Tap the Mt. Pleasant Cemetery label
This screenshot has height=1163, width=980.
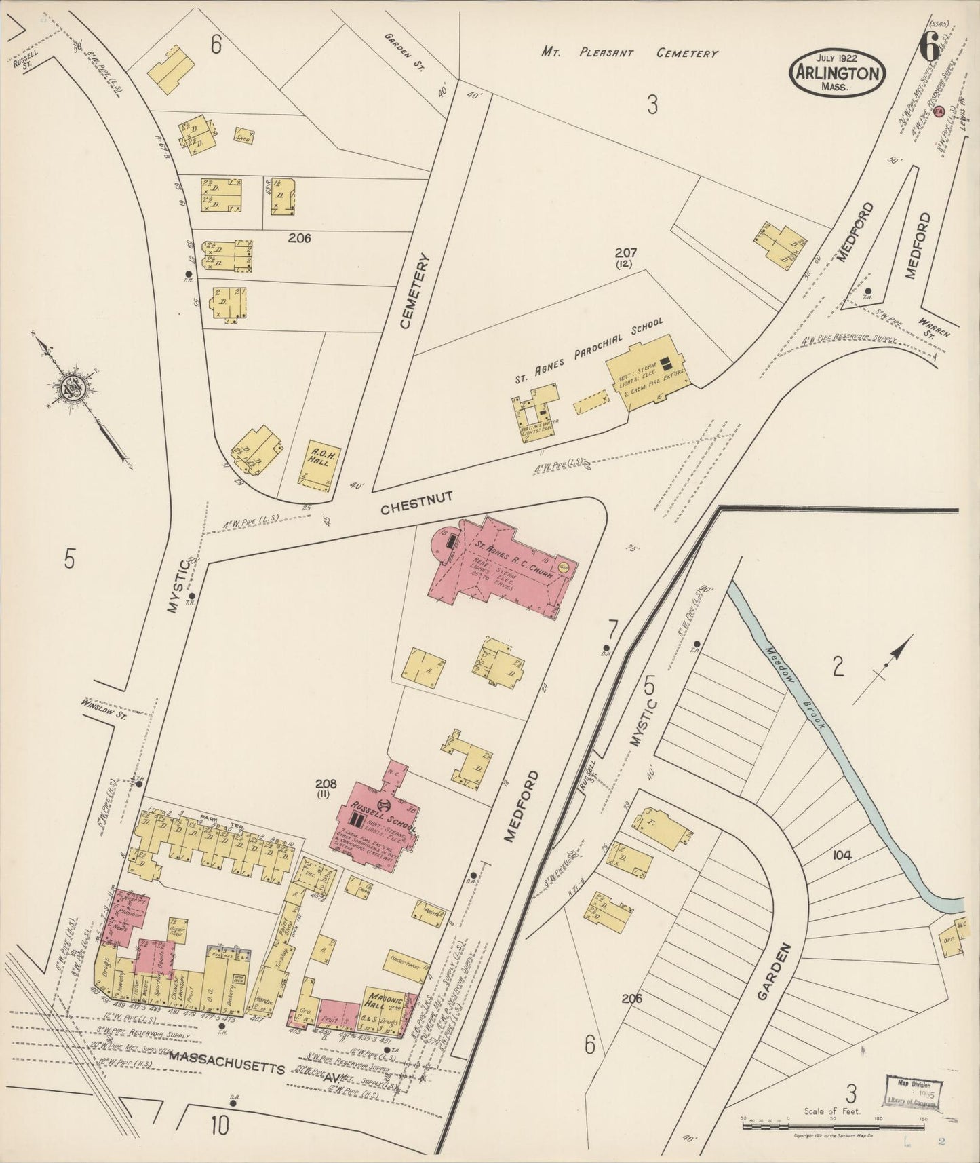(629, 52)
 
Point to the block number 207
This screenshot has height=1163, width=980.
(625, 252)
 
